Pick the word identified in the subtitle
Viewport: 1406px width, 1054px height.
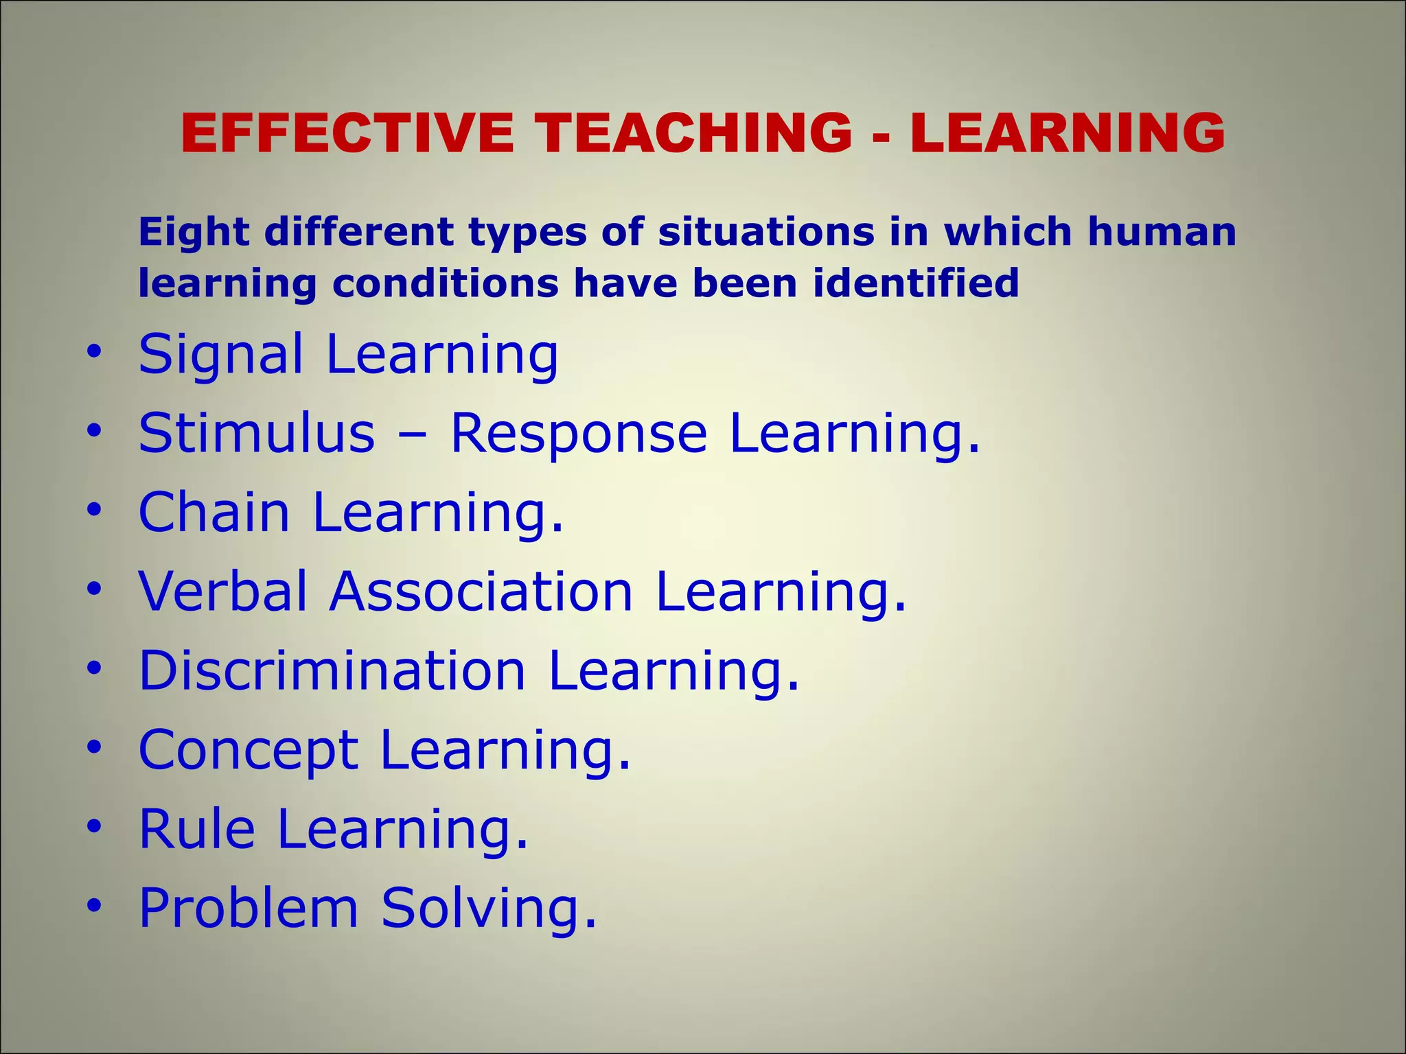pyautogui.click(x=916, y=283)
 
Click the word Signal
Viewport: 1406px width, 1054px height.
pyautogui.click(x=220, y=355)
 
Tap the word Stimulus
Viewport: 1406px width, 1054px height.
pyautogui.click(x=257, y=434)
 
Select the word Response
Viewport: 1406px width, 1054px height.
pyautogui.click(x=578, y=434)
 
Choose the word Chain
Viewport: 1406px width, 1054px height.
pyautogui.click(x=214, y=513)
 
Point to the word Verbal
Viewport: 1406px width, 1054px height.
pyautogui.click(x=223, y=592)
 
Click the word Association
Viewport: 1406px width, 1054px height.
pyautogui.click(x=481, y=592)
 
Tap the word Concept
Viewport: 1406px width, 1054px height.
pyautogui.click(x=249, y=751)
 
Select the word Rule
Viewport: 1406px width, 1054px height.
pyautogui.click(x=197, y=829)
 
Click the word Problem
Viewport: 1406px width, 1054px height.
pyautogui.click(x=249, y=908)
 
